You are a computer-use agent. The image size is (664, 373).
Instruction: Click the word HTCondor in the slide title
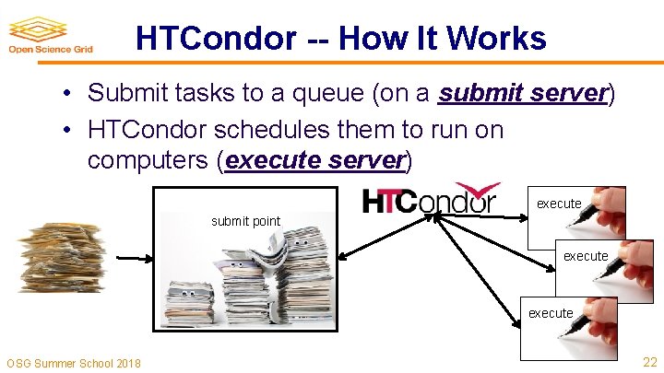216,39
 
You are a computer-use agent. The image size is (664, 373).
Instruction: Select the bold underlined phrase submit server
523,93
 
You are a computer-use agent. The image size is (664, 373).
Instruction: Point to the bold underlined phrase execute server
314,160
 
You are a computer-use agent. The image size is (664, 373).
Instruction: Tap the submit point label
245,220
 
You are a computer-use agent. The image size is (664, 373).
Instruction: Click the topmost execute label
559,204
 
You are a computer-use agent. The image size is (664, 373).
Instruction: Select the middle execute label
586,256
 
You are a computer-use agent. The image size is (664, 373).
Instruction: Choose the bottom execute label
551,313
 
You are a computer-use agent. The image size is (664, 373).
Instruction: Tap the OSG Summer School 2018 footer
74,363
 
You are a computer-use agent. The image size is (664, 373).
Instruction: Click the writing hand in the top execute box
611,206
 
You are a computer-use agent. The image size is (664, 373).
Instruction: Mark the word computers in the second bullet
148,160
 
